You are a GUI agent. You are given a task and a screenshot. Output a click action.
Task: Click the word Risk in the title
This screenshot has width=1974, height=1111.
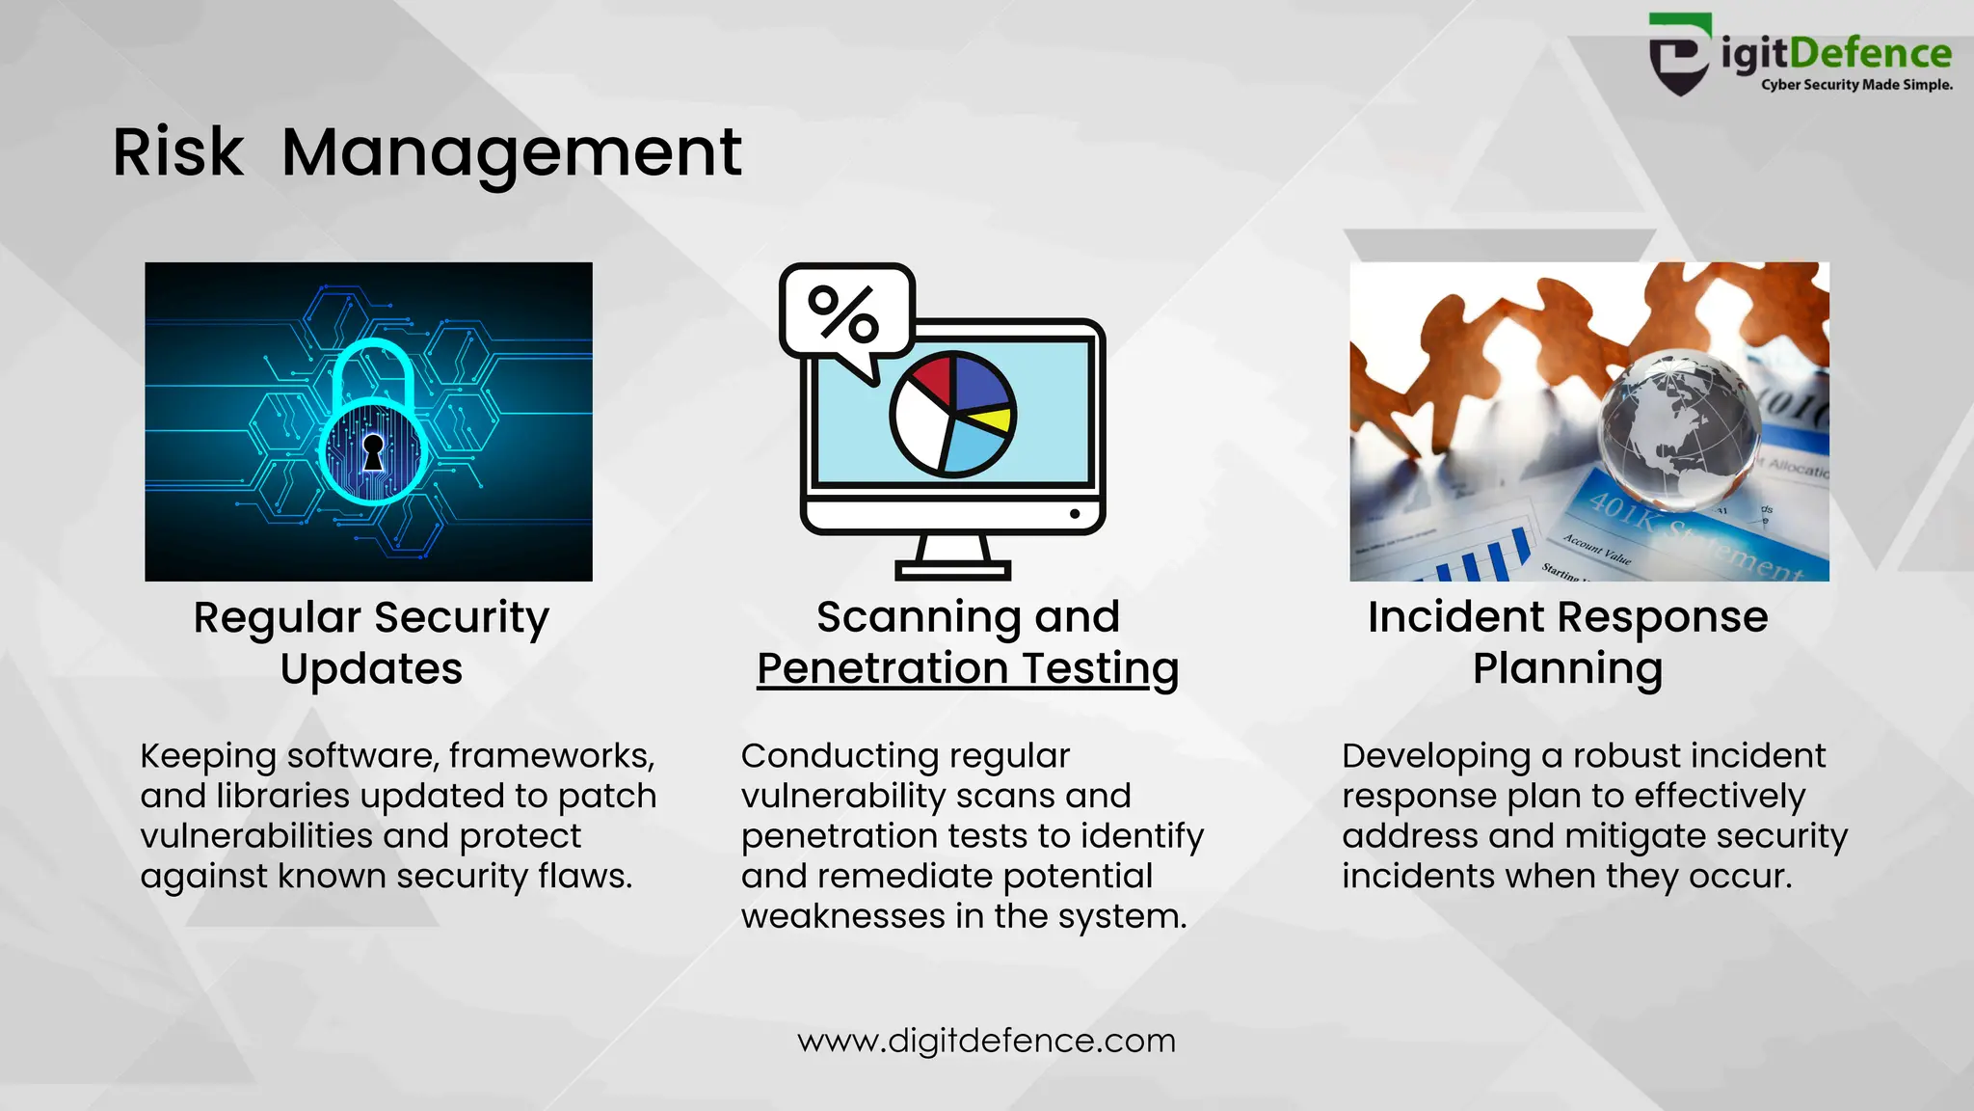point(178,152)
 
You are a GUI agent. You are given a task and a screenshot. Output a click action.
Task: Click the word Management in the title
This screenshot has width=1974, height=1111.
point(512,152)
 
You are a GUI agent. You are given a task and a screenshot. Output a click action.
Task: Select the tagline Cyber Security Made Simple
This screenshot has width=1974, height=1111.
point(1856,85)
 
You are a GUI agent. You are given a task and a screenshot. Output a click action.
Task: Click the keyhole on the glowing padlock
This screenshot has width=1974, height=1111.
point(373,450)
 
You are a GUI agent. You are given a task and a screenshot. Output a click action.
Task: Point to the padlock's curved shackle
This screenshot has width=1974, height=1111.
point(373,362)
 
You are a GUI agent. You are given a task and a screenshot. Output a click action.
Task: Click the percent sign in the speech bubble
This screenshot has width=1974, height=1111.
point(843,313)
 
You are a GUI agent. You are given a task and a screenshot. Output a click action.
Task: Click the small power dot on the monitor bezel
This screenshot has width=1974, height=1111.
point(1075,514)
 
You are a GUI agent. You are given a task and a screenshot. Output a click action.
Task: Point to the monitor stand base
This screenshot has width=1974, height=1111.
point(952,570)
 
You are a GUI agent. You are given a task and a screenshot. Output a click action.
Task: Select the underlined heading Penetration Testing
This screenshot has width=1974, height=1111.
point(968,668)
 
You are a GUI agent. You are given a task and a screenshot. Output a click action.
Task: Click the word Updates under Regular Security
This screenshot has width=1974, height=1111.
point(371,668)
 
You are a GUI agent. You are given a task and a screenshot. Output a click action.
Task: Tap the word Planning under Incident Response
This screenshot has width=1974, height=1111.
point(1567,668)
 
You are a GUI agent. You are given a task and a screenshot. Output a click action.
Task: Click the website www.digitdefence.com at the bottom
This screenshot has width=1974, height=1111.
point(986,1041)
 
